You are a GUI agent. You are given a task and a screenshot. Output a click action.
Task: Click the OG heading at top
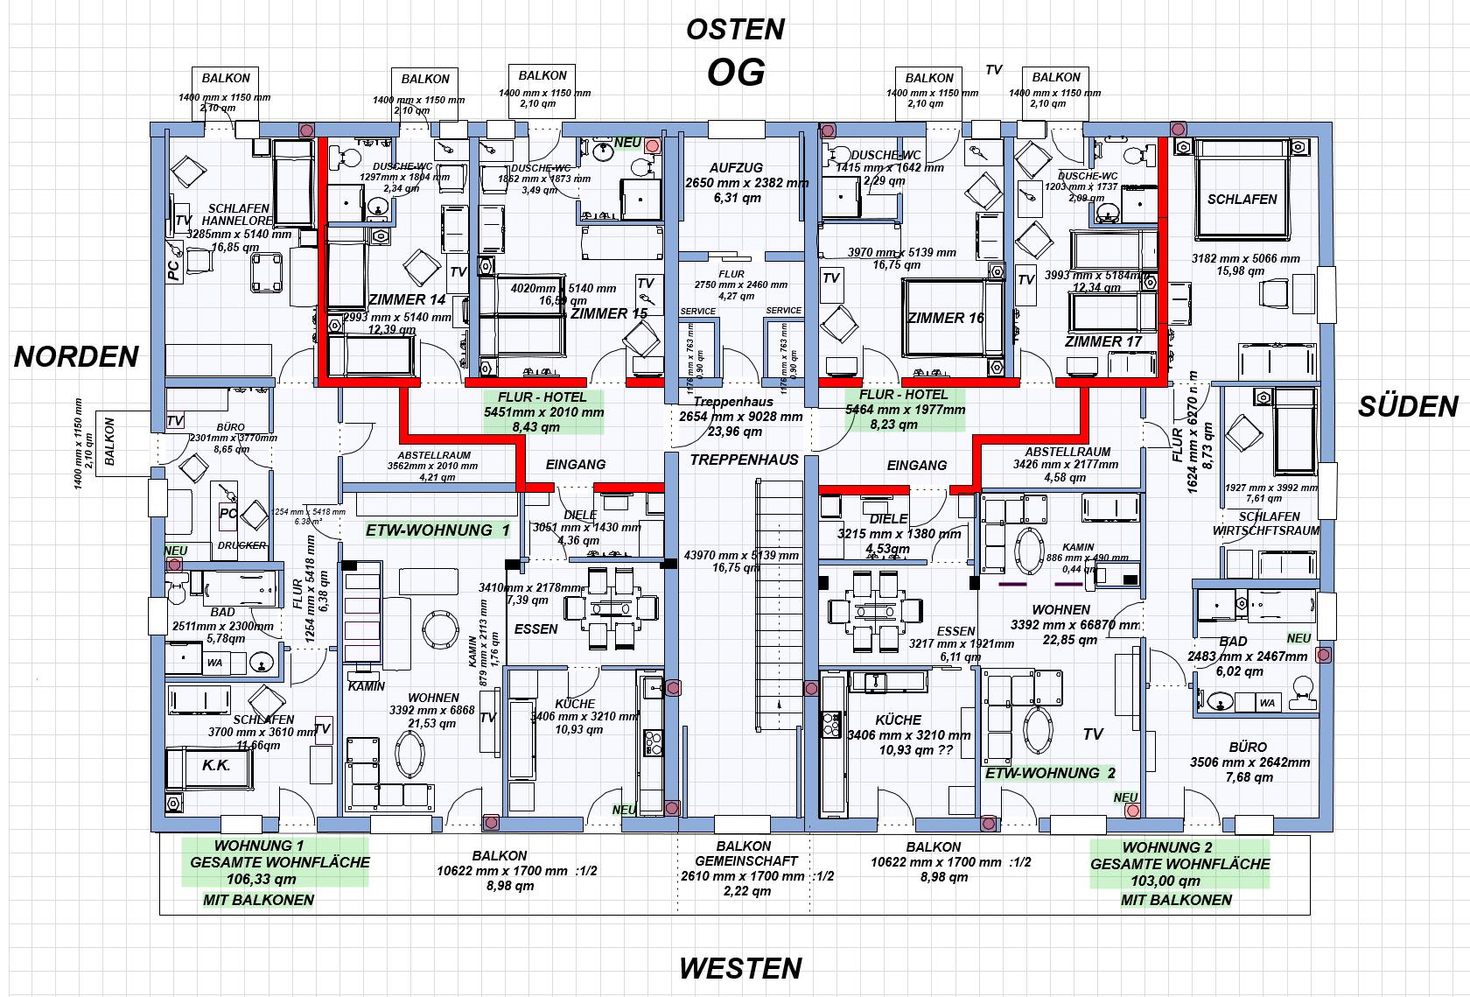click(x=735, y=73)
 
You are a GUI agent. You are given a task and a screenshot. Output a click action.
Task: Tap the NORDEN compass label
click(x=76, y=356)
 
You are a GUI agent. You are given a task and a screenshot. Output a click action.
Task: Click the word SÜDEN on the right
click(x=1408, y=406)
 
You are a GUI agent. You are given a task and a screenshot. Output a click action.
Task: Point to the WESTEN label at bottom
click(x=740, y=968)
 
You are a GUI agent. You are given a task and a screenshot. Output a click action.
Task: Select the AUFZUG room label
click(x=736, y=167)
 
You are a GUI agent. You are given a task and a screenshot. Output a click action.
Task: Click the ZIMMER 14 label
click(x=407, y=299)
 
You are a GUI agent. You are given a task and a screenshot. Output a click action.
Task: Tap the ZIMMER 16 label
click(x=945, y=318)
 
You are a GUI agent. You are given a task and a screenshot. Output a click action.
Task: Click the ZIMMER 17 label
click(x=1103, y=341)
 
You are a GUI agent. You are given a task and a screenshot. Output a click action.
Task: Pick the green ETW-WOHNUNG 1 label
click(x=437, y=530)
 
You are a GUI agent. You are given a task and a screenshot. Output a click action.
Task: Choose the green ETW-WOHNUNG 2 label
click(x=1050, y=773)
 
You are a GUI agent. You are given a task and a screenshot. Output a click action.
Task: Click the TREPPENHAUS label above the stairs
click(x=744, y=460)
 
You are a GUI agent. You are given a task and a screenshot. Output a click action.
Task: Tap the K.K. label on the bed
click(x=216, y=765)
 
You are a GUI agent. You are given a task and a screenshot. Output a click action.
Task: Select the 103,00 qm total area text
click(x=1179, y=881)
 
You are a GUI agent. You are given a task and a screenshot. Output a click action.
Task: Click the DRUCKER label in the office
click(x=241, y=545)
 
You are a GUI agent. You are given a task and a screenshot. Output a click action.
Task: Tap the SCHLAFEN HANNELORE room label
click(x=238, y=215)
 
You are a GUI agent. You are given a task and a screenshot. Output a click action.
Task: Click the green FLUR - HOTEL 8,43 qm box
click(x=543, y=412)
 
